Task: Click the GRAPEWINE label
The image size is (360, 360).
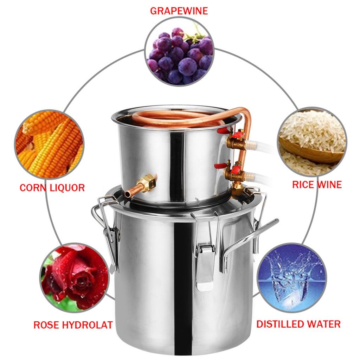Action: pos(179,11)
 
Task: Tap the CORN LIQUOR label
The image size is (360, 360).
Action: pos(52,187)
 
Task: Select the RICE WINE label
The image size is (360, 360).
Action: pos(317,185)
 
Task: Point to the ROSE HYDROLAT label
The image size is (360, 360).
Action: pos(73,324)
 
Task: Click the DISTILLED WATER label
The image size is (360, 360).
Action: pos(298,324)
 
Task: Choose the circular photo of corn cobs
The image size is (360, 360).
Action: pos(49,144)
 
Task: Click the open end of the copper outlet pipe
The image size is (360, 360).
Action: pos(127,194)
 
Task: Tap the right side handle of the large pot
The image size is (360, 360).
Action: pos(246,239)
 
